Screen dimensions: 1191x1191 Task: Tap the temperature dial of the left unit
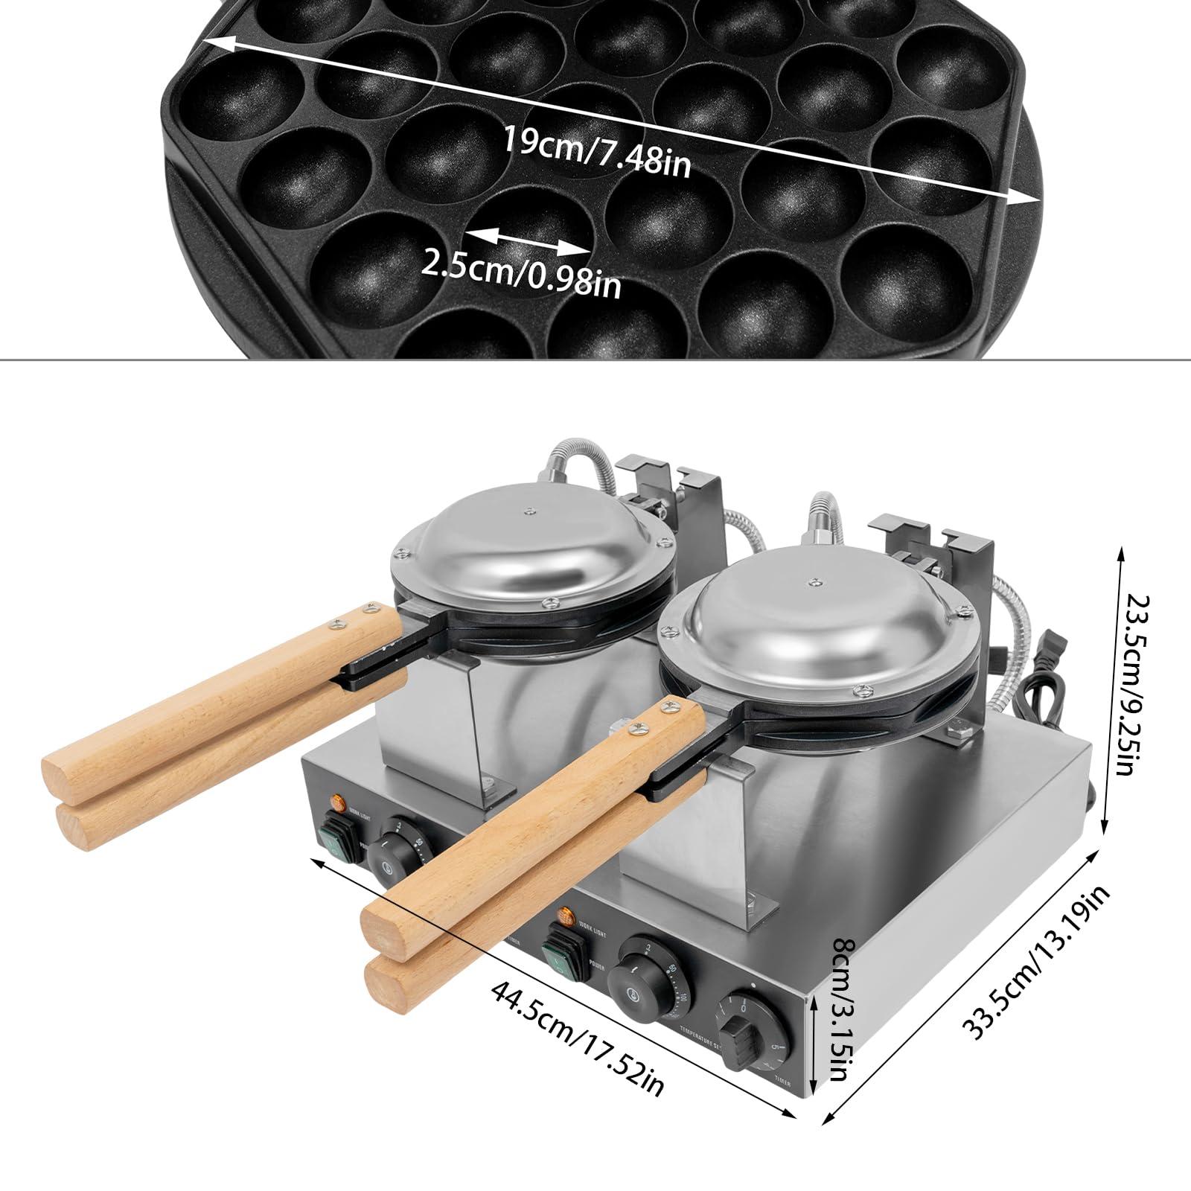point(397,852)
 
